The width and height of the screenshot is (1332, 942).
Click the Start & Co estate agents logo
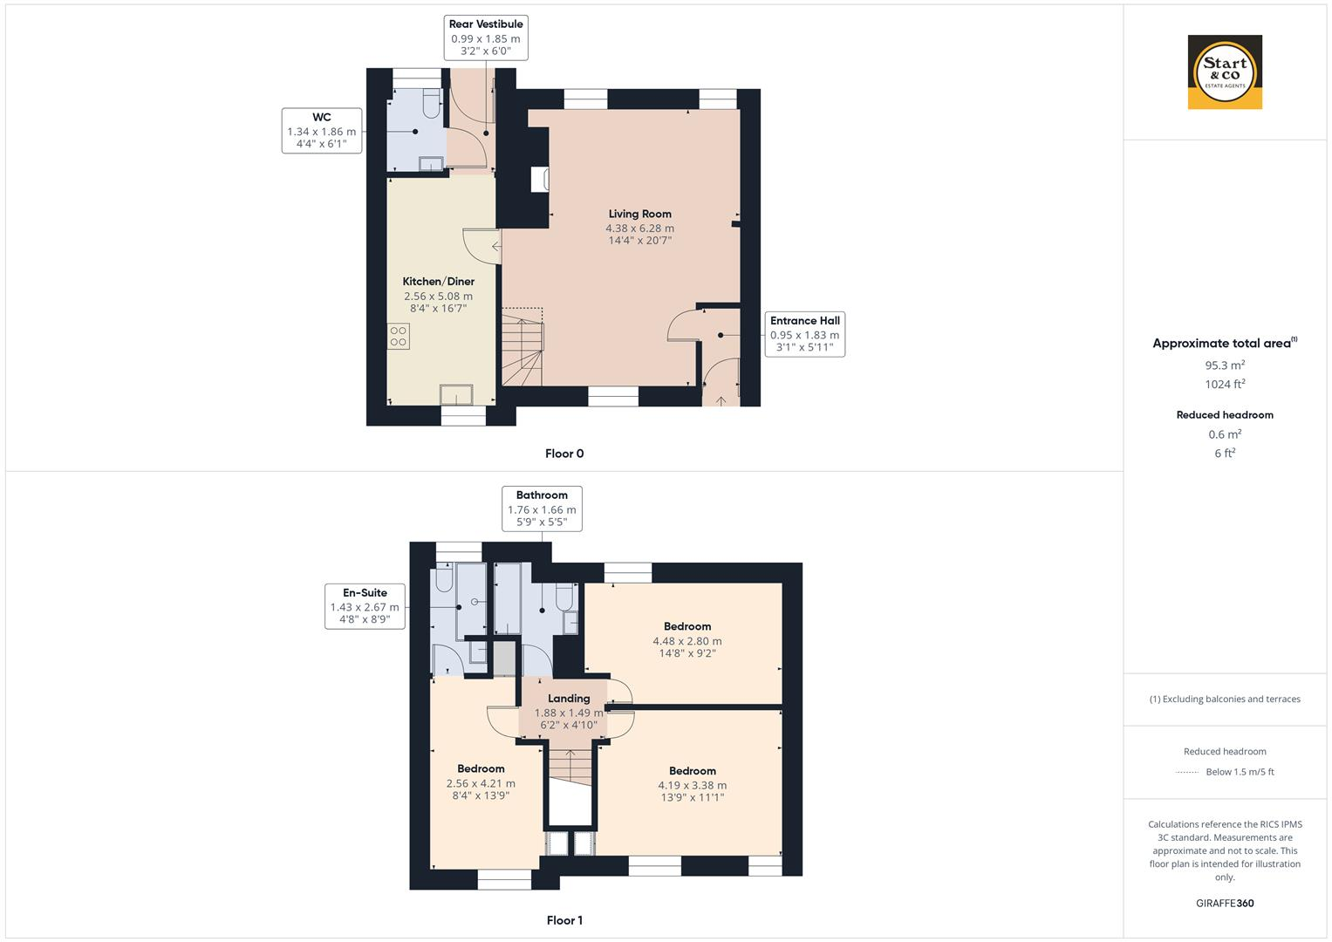click(x=1225, y=72)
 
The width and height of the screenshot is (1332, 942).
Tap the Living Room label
click(x=639, y=214)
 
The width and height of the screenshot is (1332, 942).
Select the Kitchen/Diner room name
click(x=438, y=282)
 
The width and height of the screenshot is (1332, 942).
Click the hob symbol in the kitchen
click(x=399, y=336)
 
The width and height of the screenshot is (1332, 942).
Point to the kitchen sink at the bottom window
click(x=457, y=394)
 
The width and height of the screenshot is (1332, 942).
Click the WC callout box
click(x=321, y=131)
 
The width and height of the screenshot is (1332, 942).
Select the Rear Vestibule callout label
click(x=486, y=38)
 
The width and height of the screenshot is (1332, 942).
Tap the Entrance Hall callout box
click(x=804, y=334)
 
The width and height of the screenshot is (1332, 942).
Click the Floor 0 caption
click(x=564, y=454)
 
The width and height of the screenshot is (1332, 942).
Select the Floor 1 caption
click(x=564, y=920)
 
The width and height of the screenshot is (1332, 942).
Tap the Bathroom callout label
click(x=542, y=509)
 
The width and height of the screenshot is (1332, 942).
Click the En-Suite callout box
click(x=365, y=606)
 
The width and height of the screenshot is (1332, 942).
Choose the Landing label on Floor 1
click(x=569, y=699)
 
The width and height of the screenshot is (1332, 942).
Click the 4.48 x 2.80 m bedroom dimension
click(x=686, y=641)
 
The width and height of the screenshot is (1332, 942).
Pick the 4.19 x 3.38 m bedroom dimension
click(x=692, y=785)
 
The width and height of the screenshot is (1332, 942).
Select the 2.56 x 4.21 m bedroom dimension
click(x=481, y=783)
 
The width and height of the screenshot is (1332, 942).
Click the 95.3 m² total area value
click(x=1225, y=365)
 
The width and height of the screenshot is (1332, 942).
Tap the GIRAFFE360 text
click(x=1225, y=903)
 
